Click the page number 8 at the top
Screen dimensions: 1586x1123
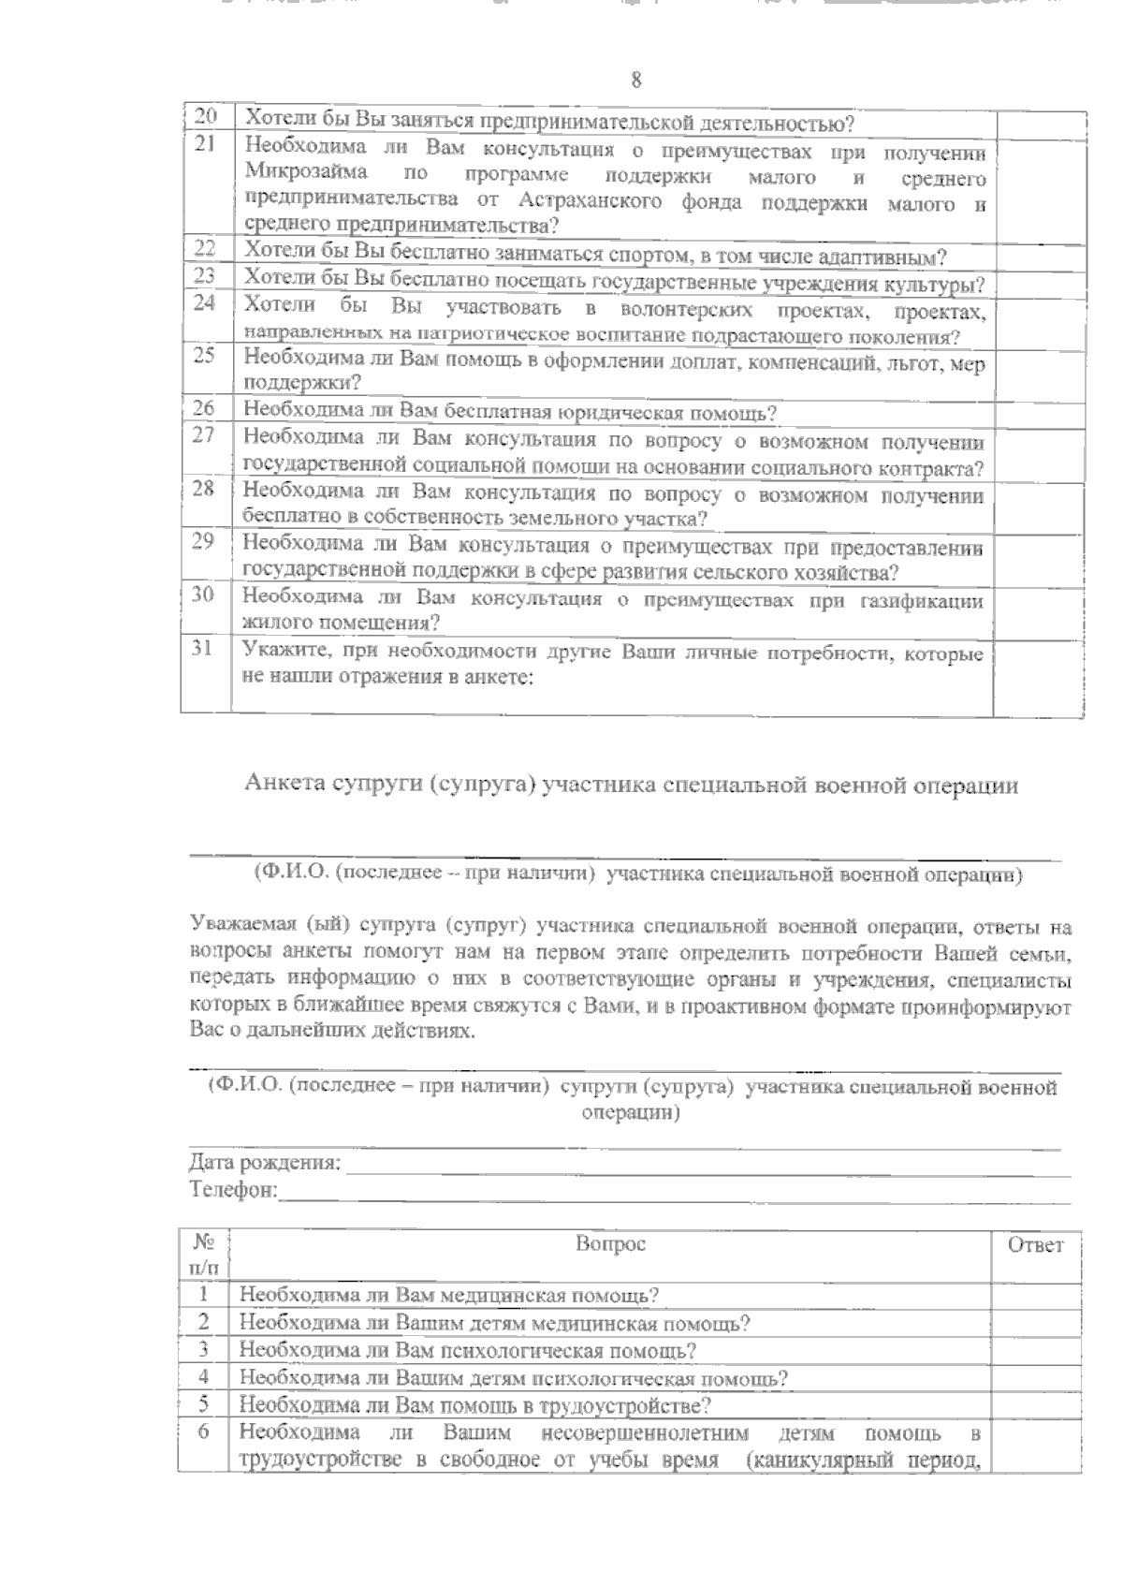[636, 81]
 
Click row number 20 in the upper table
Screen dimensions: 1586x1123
[206, 119]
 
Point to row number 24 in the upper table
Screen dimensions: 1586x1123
[205, 303]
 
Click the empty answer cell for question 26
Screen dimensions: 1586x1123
[1039, 412]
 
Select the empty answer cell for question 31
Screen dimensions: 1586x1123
[1039, 676]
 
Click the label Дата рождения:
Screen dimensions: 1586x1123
[265, 1164]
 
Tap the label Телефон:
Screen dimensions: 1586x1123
[233, 1190]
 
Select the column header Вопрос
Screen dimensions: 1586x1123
[610, 1244]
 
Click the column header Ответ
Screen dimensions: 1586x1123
[1035, 1244]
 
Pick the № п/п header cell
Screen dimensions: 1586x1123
[204, 1256]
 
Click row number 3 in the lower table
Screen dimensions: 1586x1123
[203, 1350]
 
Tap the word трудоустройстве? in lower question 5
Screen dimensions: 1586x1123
[630, 1405]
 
